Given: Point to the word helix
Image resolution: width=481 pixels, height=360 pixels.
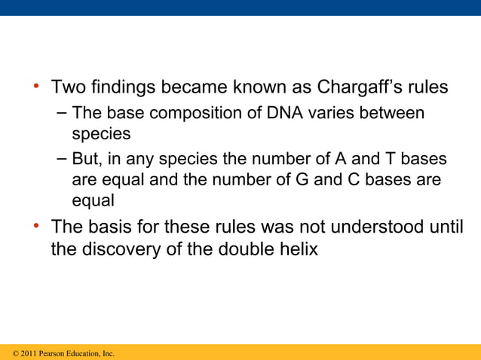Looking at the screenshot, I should coord(299,250).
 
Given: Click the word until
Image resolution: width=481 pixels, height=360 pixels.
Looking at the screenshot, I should coord(446,227).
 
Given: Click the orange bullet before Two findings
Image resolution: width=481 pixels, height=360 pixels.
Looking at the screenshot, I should coord(35,87).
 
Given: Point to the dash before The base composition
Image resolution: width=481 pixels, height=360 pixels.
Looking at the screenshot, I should coord(61,113).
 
